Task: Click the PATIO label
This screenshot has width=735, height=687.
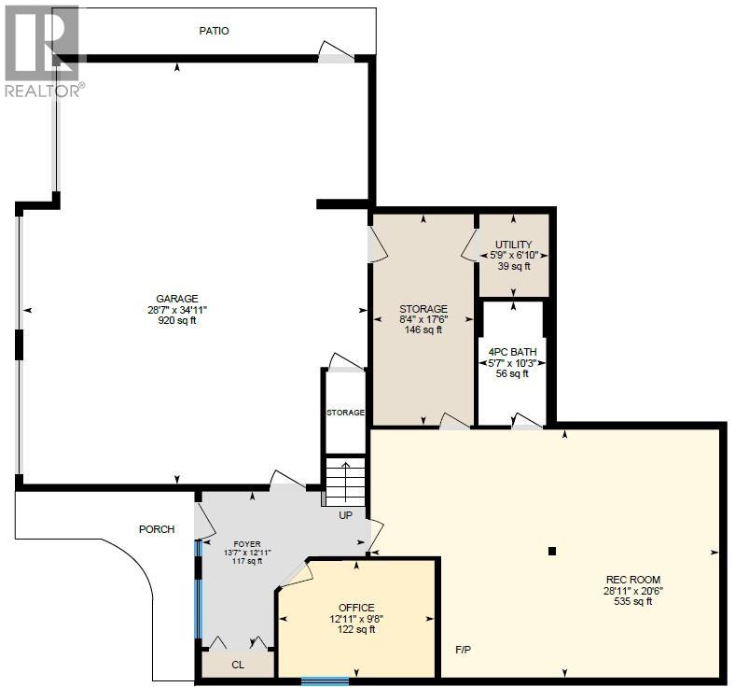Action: point(214,31)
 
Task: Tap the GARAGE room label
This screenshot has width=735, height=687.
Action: point(176,299)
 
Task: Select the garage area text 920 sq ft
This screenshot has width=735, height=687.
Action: point(176,320)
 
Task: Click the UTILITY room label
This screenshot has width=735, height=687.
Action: point(514,245)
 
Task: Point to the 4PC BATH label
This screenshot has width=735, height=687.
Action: point(511,352)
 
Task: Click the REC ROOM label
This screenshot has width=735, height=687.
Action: point(632,580)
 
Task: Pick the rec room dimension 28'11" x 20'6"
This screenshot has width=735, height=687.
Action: point(632,591)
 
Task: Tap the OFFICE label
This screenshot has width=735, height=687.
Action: point(355,608)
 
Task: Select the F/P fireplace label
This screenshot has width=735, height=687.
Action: point(464,650)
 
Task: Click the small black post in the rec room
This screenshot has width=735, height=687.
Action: point(552,551)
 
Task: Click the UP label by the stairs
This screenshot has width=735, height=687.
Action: point(346,514)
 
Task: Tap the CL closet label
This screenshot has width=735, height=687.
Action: point(237,665)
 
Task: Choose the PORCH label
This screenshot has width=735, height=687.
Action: point(157,529)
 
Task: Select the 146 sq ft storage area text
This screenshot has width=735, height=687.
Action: point(423,329)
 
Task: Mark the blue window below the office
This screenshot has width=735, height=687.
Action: point(325,680)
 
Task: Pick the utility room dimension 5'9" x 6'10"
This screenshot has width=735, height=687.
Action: point(514,255)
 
